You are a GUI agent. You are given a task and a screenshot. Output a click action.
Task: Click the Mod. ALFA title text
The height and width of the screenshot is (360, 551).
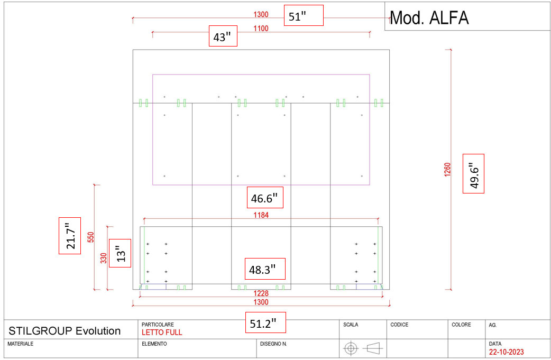(429, 18)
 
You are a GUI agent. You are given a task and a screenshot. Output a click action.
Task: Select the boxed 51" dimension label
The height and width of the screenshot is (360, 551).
(303, 16)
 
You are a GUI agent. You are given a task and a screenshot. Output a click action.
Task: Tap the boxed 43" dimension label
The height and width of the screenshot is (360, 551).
(223, 37)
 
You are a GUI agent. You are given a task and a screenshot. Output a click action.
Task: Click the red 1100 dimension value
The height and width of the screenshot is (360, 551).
(261, 29)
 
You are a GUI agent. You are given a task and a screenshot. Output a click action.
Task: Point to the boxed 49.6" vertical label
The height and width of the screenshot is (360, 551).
(473, 174)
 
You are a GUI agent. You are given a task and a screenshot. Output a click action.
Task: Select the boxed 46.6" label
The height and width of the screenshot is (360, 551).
(264, 199)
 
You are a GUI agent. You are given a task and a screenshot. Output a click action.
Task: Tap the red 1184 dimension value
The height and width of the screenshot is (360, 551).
(261, 215)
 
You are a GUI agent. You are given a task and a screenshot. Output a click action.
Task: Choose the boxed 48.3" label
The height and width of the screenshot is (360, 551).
(264, 269)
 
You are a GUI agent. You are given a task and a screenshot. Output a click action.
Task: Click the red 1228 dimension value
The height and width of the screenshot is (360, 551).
(261, 293)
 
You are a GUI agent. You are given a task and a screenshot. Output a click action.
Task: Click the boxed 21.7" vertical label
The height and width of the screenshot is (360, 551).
(70, 236)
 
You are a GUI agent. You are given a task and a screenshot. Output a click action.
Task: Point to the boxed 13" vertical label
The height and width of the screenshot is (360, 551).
(121, 253)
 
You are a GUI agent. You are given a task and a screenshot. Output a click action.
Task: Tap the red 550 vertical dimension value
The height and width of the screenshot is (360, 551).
(90, 237)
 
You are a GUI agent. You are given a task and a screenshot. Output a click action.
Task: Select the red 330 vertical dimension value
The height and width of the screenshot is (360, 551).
(104, 258)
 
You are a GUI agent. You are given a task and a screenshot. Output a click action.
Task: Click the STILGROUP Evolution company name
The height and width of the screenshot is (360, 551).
(65, 331)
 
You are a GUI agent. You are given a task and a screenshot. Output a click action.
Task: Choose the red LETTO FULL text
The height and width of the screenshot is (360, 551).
(162, 333)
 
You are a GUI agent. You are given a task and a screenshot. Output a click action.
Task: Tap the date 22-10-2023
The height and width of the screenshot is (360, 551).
(507, 352)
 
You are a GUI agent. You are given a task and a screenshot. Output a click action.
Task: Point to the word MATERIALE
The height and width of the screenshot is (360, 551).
(21, 344)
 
